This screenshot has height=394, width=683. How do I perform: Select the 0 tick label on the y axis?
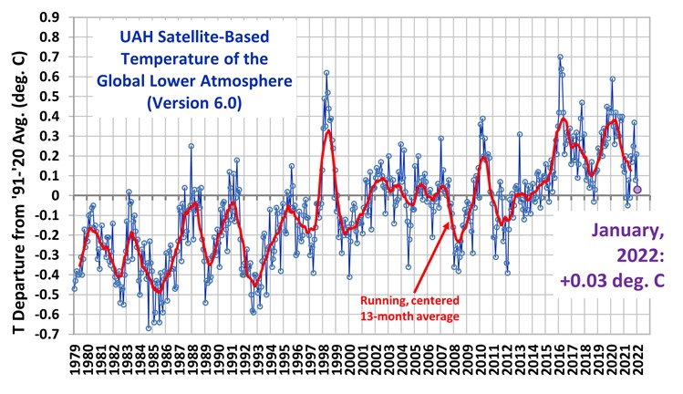pos(60,195)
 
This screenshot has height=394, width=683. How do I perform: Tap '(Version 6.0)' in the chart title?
pos(192,104)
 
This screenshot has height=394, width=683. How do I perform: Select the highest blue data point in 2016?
pos(560,57)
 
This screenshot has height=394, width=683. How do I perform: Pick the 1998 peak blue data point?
pos(326,72)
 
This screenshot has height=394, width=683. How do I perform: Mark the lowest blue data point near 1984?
pos(149,328)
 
